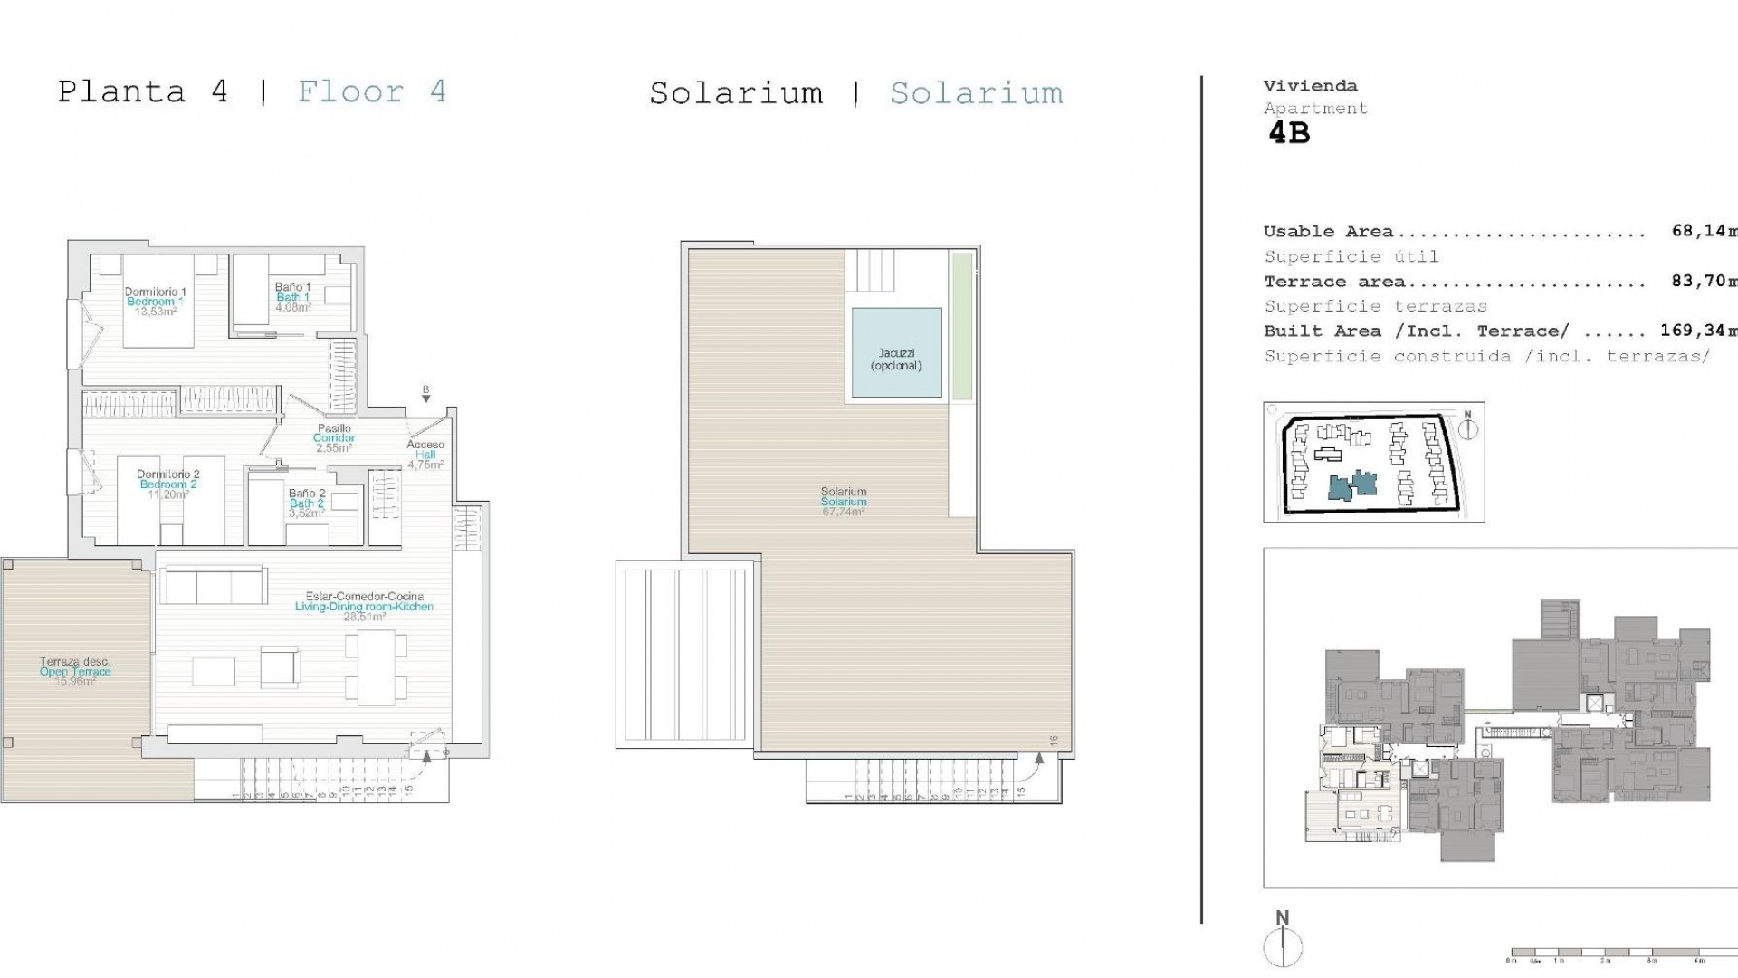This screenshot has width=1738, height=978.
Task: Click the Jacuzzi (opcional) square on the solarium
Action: click(896, 353)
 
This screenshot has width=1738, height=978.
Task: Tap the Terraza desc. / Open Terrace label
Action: click(75, 671)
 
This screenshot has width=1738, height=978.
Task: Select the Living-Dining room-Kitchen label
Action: click(364, 606)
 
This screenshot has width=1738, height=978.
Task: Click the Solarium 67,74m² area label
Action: click(844, 502)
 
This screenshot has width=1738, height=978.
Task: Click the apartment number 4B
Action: click(1289, 133)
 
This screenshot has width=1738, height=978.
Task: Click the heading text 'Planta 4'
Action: click(143, 91)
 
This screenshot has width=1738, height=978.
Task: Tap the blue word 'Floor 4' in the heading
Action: click(372, 91)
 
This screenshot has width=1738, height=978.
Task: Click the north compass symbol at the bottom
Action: click(1283, 942)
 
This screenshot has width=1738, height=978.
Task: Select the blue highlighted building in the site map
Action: click(1352, 485)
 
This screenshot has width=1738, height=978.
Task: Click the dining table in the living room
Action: click(376, 667)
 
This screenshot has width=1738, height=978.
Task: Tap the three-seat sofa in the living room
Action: click(213, 586)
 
